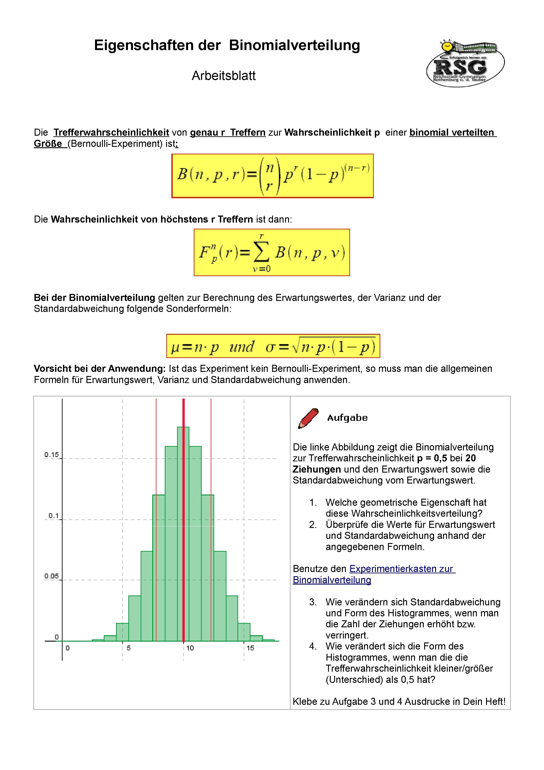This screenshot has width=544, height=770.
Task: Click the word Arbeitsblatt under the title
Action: pos(224,76)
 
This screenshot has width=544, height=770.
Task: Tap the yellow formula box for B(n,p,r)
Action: pos(272,176)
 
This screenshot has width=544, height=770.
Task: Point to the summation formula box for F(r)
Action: pos(271,252)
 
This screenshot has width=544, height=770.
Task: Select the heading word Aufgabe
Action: pos(347,418)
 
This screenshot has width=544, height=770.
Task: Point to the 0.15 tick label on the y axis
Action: pos(52,455)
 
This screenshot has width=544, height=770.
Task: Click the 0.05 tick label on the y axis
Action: pos(52,576)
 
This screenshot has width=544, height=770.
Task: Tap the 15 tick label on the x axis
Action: pos(250,648)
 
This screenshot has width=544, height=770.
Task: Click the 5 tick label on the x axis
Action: pos(129,648)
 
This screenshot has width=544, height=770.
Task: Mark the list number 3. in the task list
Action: pos(313,602)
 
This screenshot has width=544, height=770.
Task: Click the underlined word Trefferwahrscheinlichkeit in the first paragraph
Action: pos(111,133)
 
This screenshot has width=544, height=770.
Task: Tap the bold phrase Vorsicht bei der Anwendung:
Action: pos(100,369)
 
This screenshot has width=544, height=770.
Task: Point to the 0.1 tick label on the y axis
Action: pos(54,515)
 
